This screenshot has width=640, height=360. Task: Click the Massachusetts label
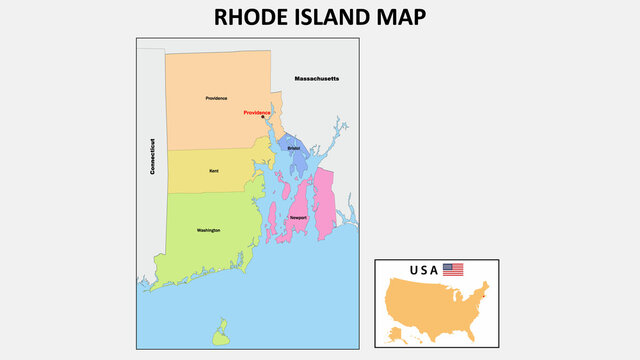point(317,78)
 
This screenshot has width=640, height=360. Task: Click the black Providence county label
point(216,98)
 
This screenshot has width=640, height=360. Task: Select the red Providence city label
point(257,113)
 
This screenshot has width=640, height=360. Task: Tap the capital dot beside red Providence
point(263,117)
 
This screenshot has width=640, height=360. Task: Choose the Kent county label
point(213,171)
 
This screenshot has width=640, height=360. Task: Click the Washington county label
point(209,231)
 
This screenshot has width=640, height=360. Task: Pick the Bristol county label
point(293,148)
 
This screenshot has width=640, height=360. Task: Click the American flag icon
point(453,270)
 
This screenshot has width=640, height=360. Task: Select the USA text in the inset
point(423,270)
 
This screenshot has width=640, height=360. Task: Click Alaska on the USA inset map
point(397,331)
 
